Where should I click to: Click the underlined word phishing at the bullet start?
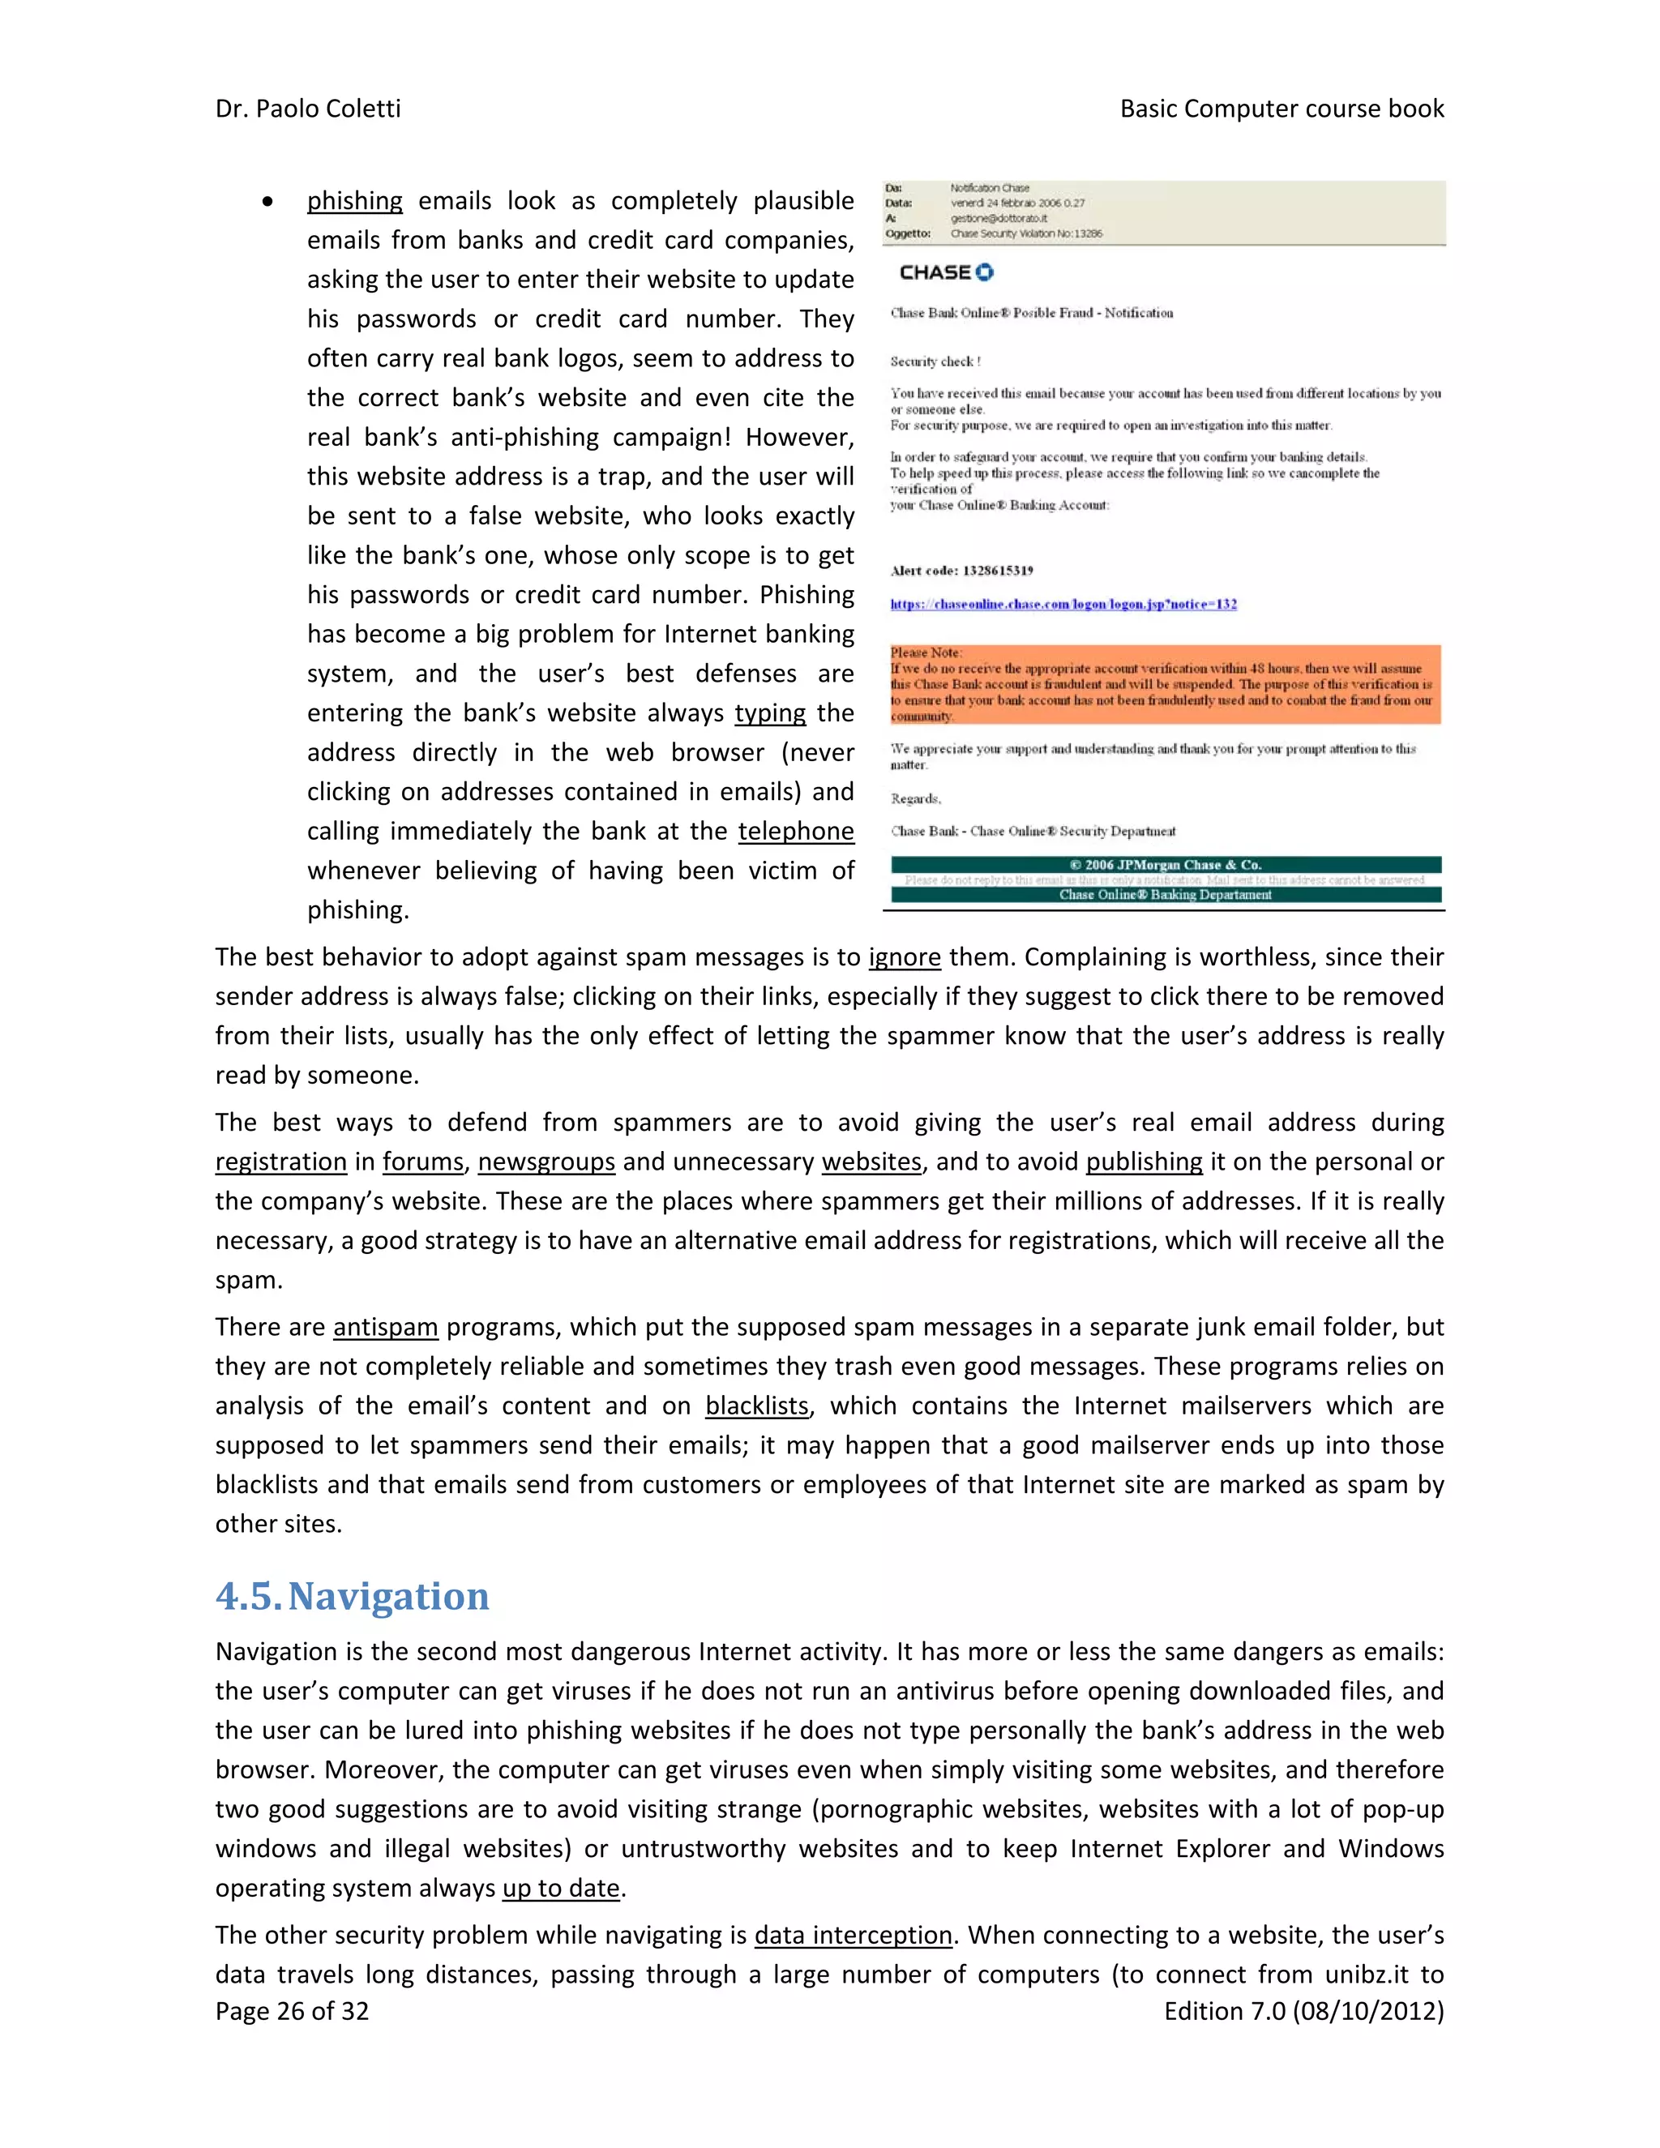coord(354,201)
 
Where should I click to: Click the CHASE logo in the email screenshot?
coord(945,272)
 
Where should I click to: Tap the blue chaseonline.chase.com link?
coord(1063,604)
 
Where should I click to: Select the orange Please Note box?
coord(1165,685)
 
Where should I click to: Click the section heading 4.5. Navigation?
coord(352,1595)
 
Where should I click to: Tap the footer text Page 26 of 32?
coord(292,2010)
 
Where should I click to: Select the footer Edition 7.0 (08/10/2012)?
coord(1303,2010)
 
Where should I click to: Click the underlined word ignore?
coord(904,957)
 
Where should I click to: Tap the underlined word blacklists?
coord(756,1406)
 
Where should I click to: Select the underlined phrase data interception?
coord(853,1935)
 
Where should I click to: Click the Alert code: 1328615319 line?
coord(960,571)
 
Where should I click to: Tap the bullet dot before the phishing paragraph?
coord(267,202)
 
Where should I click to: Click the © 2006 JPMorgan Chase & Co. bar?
coord(1165,865)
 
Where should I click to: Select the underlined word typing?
coord(769,713)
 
